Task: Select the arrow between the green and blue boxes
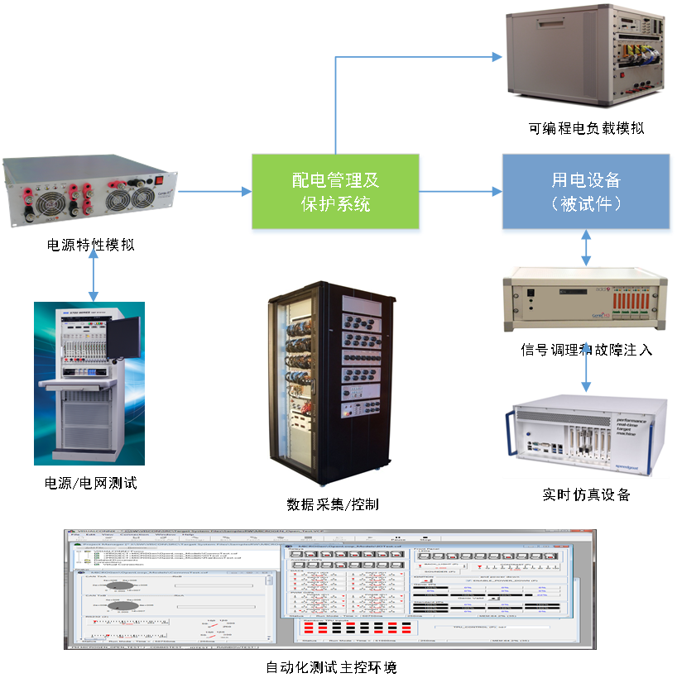[x=462, y=192]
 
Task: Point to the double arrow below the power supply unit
[x=94, y=274]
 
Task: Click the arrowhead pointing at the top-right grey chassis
[x=497, y=57]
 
